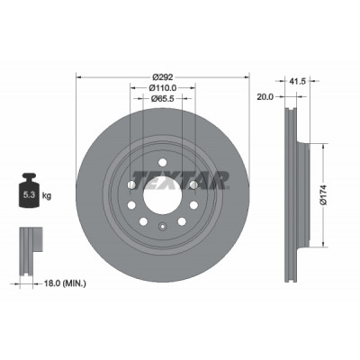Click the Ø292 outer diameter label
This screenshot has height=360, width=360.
pos(163,77)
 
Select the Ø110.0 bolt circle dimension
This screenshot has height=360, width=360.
pos(163,88)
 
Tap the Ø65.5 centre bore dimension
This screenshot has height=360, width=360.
pos(163,98)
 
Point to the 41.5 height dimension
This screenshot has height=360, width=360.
pos(297,81)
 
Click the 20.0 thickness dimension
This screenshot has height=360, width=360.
pos(265,97)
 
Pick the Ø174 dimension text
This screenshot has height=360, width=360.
pos(324,195)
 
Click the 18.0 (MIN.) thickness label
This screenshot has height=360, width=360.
pos(65,283)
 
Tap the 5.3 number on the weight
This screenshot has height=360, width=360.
pos(30,195)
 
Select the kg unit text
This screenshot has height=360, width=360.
pos(47,196)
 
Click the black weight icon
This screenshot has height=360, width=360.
pos(29,190)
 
